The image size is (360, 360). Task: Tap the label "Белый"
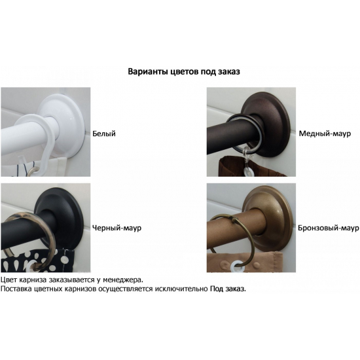tap(104, 134)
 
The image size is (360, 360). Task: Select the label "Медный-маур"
tap(325, 134)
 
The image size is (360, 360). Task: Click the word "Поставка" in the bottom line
tap(18, 289)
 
